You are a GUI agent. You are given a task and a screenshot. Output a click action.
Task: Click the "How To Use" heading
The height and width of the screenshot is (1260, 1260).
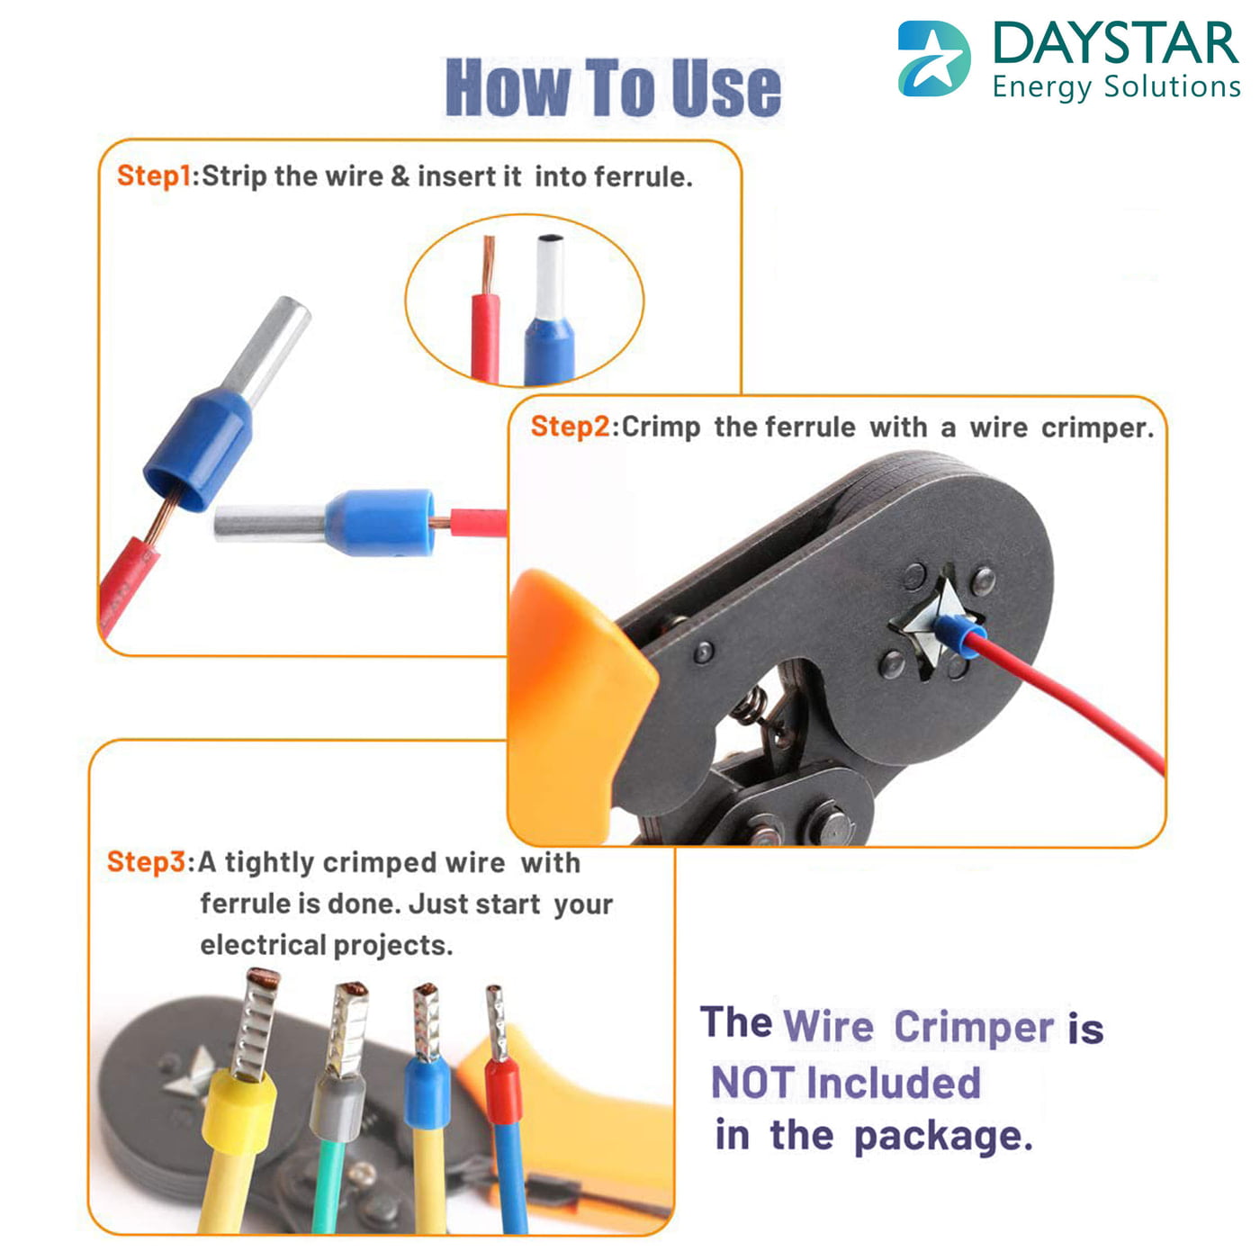[x=613, y=87]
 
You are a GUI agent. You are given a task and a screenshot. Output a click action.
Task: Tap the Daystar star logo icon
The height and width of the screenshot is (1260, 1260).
[x=933, y=59]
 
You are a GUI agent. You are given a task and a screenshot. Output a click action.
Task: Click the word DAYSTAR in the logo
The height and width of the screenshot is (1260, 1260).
[x=1115, y=43]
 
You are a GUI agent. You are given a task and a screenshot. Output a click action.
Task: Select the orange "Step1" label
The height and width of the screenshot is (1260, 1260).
[x=153, y=175]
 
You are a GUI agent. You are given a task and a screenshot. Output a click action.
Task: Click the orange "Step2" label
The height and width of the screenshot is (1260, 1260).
[x=570, y=427]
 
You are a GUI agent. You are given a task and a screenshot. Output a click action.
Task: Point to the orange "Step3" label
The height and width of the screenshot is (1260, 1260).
[x=145, y=861]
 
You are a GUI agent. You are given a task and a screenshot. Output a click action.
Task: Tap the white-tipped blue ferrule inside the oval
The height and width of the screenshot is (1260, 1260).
[x=549, y=310]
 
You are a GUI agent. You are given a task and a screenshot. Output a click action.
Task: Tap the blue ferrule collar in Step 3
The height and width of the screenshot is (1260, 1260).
[x=427, y=1093]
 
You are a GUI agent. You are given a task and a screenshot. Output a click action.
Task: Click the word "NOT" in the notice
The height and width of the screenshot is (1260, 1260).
[x=752, y=1083]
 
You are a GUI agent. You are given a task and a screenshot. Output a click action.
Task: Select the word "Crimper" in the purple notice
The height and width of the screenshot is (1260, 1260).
[x=974, y=1027]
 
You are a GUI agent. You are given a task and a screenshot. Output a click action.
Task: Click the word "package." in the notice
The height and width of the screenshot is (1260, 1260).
[x=942, y=1136]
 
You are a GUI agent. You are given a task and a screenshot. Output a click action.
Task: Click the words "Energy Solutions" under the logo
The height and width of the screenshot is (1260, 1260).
[x=1116, y=87]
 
